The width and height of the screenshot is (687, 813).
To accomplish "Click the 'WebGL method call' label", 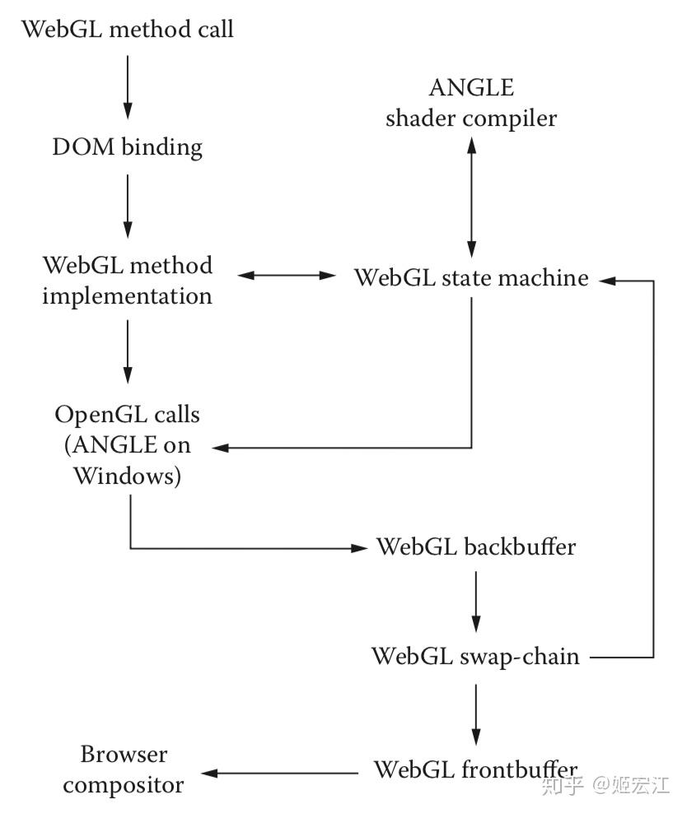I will [x=128, y=30].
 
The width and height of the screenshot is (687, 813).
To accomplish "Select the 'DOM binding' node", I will [x=128, y=147].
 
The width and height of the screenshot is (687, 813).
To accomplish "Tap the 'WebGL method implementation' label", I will [x=128, y=280].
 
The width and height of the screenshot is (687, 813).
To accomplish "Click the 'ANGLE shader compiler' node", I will [x=471, y=103].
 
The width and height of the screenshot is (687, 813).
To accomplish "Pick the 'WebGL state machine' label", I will [x=471, y=277].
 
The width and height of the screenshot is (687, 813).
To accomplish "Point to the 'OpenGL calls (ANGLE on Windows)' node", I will [x=128, y=445].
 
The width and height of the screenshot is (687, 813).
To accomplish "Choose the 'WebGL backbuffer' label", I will [x=475, y=547].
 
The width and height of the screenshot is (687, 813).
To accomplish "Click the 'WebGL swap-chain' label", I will [x=475, y=657].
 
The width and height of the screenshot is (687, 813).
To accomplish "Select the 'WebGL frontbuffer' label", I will [x=475, y=770].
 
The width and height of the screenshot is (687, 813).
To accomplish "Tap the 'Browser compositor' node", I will [x=124, y=770].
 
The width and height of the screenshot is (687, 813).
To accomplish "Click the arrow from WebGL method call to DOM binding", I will [x=128, y=86].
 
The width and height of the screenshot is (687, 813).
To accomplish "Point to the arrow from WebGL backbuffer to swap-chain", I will [x=475, y=601].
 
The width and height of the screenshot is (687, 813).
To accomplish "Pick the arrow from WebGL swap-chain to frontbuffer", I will [x=475, y=713].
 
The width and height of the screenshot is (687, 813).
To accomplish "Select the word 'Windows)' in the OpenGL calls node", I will [x=128, y=476].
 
